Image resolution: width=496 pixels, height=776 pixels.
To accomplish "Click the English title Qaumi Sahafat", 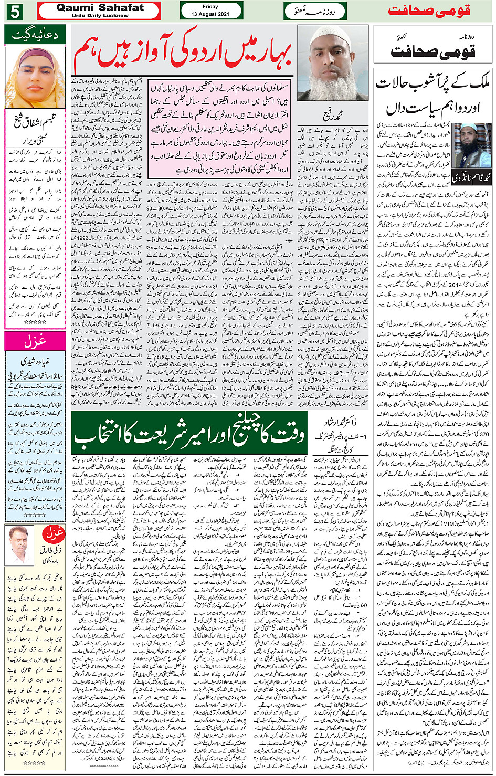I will pyautogui.click(x=99, y=8).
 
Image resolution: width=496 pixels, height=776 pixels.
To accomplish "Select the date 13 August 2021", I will pyautogui.click(x=211, y=14).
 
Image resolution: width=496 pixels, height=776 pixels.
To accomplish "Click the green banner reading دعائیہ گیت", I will pyautogui.click(x=35, y=35).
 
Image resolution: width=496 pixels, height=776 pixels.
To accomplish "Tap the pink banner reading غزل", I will pyautogui.click(x=35, y=341).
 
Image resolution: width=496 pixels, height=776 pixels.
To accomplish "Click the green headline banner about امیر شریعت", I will pyautogui.click(x=189, y=434).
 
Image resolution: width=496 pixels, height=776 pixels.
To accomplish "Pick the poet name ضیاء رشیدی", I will pyautogui.click(x=35, y=362).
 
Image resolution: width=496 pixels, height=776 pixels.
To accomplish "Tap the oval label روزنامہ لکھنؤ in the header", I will pyautogui.click(x=315, y=11).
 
